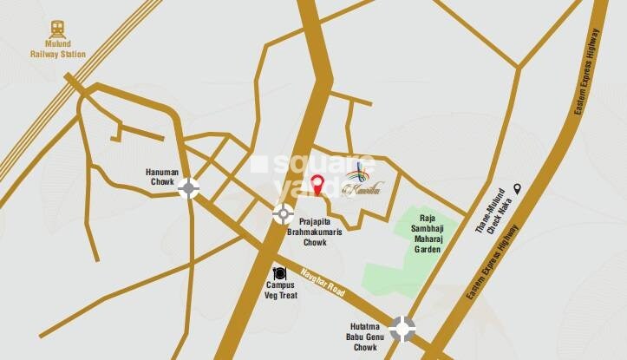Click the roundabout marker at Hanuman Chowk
189,187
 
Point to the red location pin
318,184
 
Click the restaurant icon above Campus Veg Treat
279,273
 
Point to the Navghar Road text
323,282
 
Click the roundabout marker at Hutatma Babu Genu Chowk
402,328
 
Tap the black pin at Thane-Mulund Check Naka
517,188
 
